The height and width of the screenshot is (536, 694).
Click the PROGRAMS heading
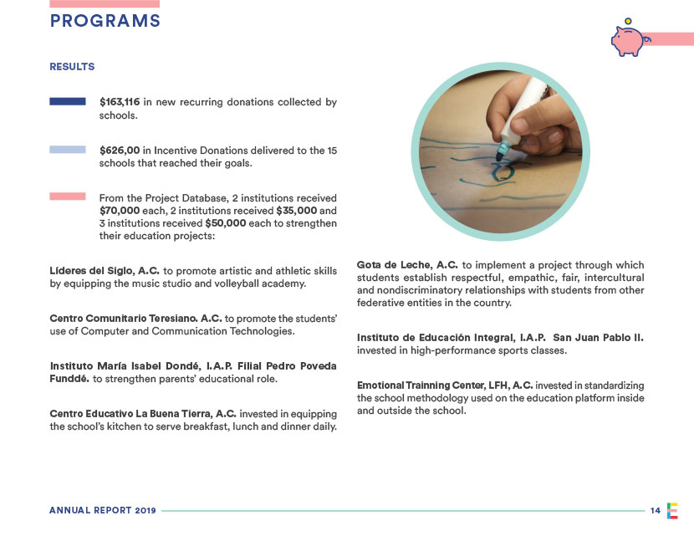point(105,22)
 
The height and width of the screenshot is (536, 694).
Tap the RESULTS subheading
point(72,67)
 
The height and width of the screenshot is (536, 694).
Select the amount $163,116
point(120,102)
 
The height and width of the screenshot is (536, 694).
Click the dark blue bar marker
point(68,102)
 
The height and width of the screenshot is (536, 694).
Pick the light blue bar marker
point(68,150)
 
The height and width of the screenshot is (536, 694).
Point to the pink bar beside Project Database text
point(68,197)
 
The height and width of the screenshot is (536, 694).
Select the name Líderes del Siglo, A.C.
point(105,271)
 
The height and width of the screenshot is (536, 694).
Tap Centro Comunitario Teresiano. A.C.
point(135,319)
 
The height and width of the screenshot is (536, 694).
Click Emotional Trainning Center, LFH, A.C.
point(445,385)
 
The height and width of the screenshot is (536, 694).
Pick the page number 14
point(655,511)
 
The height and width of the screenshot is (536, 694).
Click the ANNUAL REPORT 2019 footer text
point(102,511)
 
